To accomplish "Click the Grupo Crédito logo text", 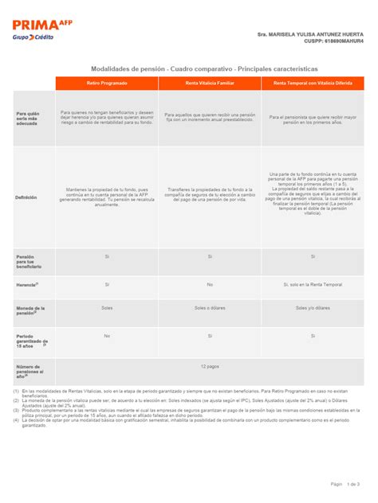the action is (33, 38).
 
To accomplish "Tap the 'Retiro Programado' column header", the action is (106, 83).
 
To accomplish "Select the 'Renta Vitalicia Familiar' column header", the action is (209, 83).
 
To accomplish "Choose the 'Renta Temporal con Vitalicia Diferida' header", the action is (312, 83).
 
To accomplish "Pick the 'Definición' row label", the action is (26, 197).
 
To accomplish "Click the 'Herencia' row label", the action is (27, 284).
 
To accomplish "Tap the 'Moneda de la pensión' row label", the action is (31, 310).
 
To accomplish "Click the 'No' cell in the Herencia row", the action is (210, 283).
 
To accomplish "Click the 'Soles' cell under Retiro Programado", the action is (107, 307).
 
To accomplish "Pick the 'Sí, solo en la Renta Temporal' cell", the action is (312, 283).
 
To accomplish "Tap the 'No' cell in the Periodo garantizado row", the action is (107, 336).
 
